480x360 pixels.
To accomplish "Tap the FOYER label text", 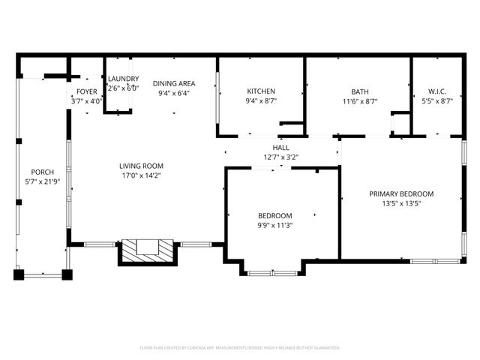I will [x=86, y=91].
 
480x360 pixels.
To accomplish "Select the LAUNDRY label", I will [x=123, y=79].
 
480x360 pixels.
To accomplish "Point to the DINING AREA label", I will [x=174, y=83].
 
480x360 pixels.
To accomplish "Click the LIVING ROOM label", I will [x=141, y=166].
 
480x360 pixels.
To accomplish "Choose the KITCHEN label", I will [x=261, y=91].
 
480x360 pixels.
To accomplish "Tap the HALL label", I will [x=281, y=148].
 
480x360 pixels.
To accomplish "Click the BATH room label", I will [x=360, y=91].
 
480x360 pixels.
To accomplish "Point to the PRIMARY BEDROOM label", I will [x=401, y=193].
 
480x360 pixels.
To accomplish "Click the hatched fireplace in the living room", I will [x=146, y=248].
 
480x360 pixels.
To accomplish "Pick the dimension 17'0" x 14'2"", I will [x=141, y=175].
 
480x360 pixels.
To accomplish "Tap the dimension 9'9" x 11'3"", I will [x=275, y=225].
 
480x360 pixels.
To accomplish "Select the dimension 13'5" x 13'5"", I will [x=401, y=203].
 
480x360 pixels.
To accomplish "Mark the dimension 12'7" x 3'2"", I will [x=281, y=157].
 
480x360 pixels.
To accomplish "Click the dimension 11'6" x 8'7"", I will [x=360, y=101].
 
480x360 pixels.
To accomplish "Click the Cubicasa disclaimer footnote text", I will [x=240, y=348].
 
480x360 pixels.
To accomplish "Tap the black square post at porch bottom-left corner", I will [x=19, y=274].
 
